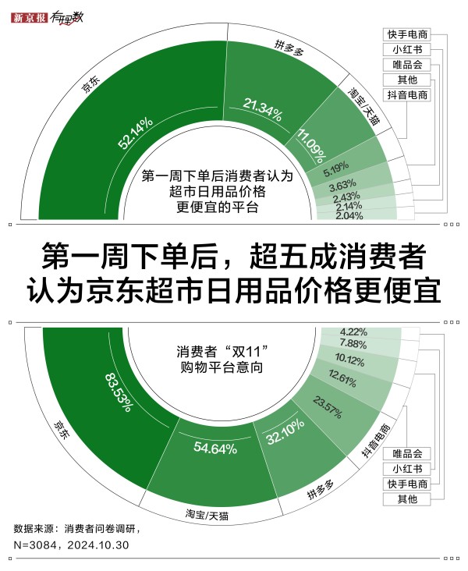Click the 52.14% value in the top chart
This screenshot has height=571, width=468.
(135, 133)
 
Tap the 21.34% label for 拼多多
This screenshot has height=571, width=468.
(263, 110)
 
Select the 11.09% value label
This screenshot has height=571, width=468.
(311, 146)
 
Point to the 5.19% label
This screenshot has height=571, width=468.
(336, 169)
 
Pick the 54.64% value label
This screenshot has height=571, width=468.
(215, 448)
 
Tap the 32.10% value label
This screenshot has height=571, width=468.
(285, 431)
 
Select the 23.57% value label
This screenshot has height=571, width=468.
(328, 407)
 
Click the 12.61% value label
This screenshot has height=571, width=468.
(342, 378)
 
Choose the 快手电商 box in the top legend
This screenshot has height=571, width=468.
(407, 34)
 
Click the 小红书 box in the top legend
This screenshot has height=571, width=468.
(407, 49)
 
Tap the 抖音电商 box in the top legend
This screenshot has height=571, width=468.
(407, 95)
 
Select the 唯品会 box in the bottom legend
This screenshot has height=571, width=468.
(407, 454)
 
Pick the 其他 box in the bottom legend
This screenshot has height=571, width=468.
(407, 499)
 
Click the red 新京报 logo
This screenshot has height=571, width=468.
(29, 17)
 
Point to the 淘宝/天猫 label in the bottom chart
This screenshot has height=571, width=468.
(207, 515)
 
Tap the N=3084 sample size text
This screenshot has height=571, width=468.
(35, 545)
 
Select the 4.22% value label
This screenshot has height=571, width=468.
(353, 332)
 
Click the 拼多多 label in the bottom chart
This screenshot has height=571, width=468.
(321, 489)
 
